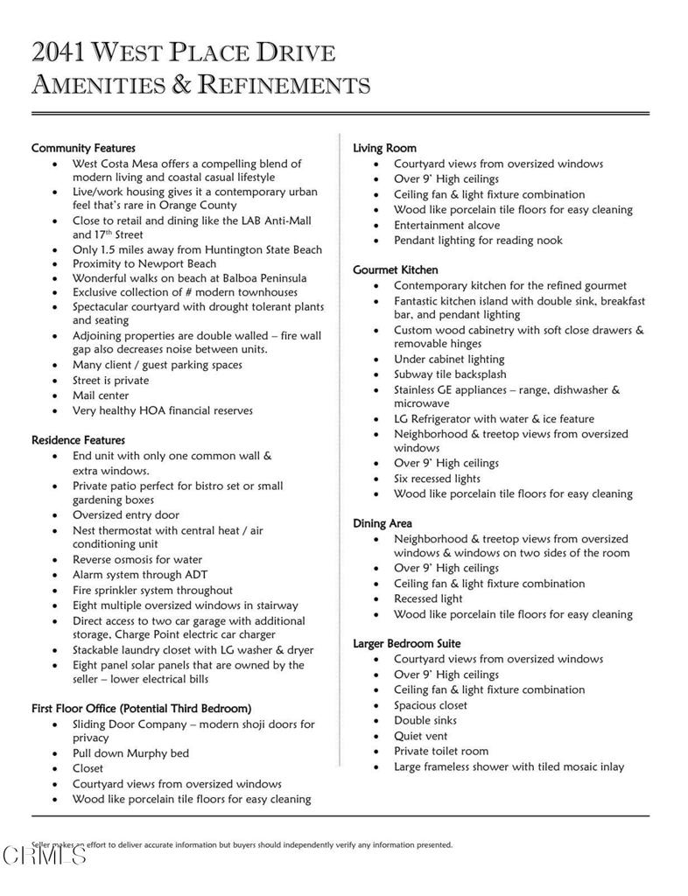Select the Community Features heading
click(x=83, y=148)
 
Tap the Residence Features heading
click(x=78, y=440)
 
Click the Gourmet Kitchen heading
click(x=396, y=269)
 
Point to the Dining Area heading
click(x=383, y=523)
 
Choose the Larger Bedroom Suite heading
click(x=407, y=643)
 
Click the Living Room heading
click(x=384, y=148)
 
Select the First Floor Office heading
click(x=141, y=708)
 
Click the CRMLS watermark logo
click(x=44, y=855)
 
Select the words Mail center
click(x=101, y=395)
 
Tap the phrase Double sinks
click(x=425, y=720)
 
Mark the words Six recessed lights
click(x=437, y=479)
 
